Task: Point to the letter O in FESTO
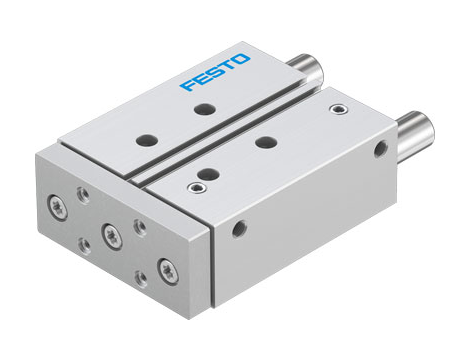click(247, 66)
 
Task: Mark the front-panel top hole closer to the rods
click(265, 142)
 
